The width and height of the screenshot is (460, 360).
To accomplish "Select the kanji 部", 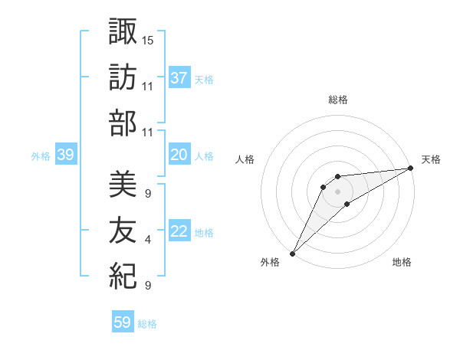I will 123,123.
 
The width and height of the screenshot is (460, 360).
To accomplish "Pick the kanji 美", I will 123,185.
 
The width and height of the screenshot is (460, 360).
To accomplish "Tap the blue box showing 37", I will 179,78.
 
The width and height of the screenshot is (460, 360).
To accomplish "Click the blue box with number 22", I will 179,232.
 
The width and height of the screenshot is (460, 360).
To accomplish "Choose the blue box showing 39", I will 65,155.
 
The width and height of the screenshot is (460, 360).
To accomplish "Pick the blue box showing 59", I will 122,322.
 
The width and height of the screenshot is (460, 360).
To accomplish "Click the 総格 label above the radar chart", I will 337,100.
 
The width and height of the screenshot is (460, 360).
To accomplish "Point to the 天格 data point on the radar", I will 411,169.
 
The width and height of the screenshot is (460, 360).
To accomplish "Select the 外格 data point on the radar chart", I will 292,253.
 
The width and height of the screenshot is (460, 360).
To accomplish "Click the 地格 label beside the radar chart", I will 402,263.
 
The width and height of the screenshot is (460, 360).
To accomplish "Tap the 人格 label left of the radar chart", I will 245,159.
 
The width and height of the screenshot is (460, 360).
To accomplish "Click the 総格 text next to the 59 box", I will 147,324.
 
